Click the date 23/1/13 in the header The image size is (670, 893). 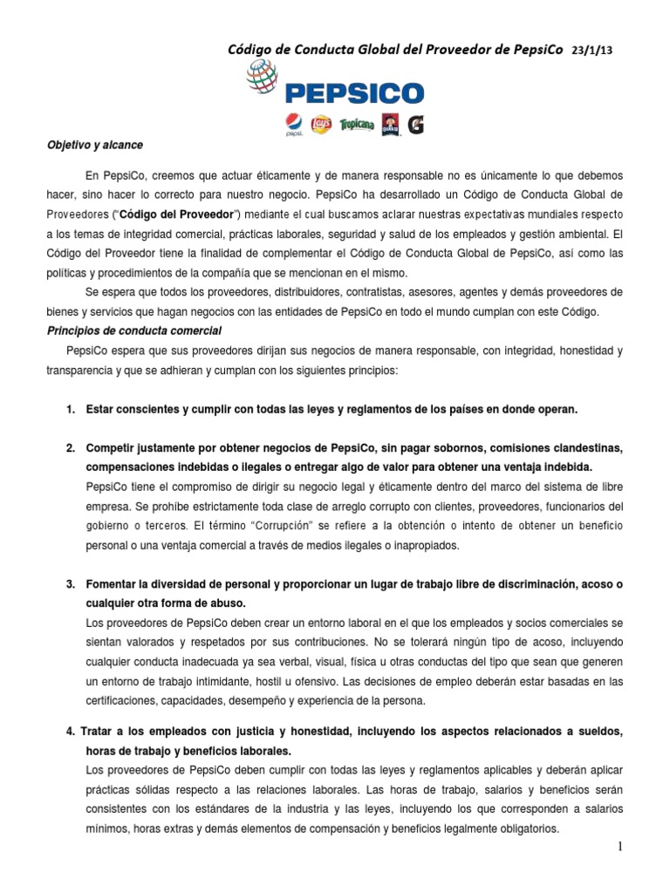click(x=593, y=51)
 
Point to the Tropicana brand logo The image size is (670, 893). click(x=357, y=125)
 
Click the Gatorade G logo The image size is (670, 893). click(x=415, y=125)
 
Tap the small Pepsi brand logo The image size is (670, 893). click(x=293, y=125)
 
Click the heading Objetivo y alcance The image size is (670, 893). click(x=95, y=145)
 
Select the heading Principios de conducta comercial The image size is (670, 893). click(x=133, y=331)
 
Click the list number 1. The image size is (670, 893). click(x=70, y=408)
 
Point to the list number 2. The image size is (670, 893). click(x=70, y=448)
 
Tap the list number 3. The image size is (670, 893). click(x=70, y=583)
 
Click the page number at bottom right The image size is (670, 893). click(x=645, y=847)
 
